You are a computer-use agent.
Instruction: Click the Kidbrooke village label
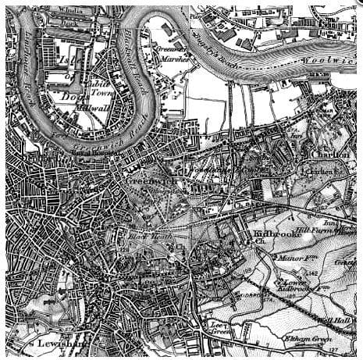(x=271, y=233)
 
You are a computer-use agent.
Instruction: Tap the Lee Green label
(x=216, y=327)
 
